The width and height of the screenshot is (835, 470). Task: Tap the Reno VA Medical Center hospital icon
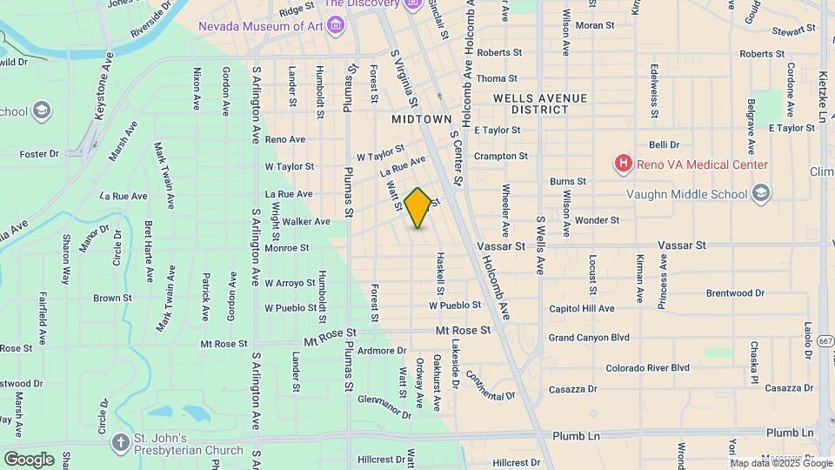623,163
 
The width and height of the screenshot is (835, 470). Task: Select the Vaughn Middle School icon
761,192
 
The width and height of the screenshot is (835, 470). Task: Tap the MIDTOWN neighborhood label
422,118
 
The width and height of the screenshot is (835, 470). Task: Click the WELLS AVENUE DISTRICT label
539,104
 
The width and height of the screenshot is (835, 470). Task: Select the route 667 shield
825,341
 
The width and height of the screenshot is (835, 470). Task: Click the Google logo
29,459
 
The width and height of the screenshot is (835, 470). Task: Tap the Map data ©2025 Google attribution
782,462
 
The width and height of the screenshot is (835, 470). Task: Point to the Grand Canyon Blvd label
588,338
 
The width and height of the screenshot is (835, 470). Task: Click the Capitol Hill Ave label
582,308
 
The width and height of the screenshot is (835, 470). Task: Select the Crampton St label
500,157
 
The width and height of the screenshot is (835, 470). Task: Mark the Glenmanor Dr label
384,403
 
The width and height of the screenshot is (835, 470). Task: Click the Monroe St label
287,248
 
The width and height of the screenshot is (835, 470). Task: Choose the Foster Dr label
38,154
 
